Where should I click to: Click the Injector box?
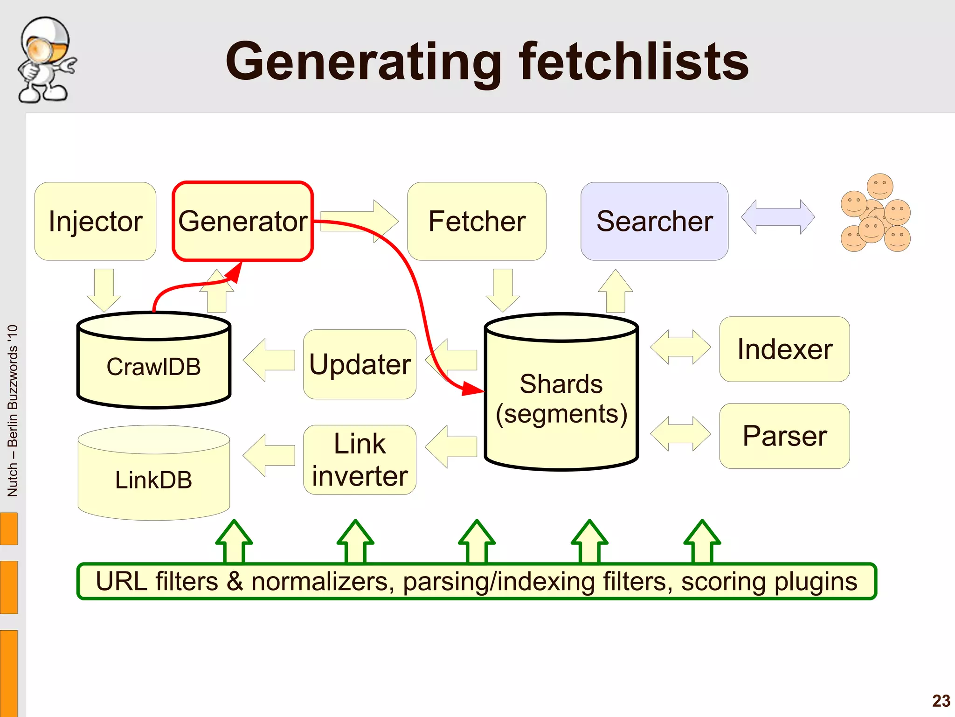[x=95, y=221]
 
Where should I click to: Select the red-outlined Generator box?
[x=242, y=221]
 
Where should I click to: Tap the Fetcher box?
[x=477, y=221]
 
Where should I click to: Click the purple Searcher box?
[x=654, y=221]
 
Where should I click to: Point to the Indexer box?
[x=784, y=349]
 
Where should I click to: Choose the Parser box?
[x=784, y=436]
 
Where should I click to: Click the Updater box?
[x=360, y=364]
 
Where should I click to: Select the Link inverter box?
[x=360, y=459]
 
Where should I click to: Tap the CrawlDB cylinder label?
[x=153, y=367]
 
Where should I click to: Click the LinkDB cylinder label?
[x=153, y=480]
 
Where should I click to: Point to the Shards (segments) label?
[x=561, y=399]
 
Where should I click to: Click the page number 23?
[x=941, y=701]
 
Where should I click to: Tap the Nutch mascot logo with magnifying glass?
[x=46, y=60]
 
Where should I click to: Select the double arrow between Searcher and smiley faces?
[x=778, y=217]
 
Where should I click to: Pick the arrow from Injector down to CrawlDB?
[x=104, y=289]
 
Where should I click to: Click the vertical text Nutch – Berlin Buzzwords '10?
[x=13, y=411]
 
